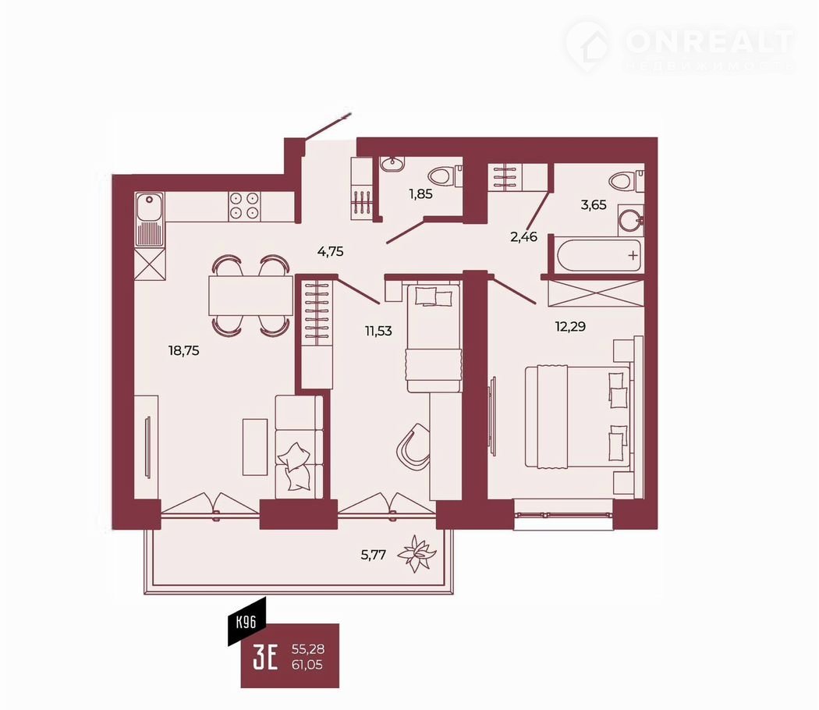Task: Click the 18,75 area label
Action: [184, 350]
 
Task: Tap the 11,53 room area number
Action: [378, 331]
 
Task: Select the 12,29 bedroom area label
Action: [570, 327]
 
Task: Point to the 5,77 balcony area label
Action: [374, 555]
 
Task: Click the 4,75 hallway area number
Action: [331, 251]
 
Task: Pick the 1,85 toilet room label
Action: [421, 193]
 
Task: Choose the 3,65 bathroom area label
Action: [594, 204]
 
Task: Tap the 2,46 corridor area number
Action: [524, 237]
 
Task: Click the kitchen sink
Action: [150, 219]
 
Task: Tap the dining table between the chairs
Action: [250, 295]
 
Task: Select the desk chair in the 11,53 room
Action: [413, 444]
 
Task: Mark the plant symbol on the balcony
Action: [417, 554]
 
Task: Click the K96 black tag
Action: [247, 621]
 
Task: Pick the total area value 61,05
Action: [307, 665]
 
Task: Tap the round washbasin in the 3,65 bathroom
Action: [630, 221]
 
